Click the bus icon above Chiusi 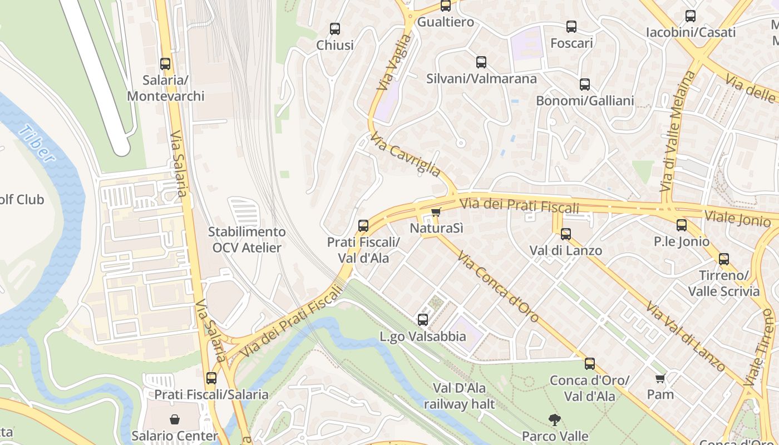(x=334, y=28)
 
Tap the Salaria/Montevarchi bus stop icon (x=165, y=63)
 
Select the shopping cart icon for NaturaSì (x=436, y=212)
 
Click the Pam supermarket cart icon (x=660, y=379)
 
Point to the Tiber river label (x=37, y=144)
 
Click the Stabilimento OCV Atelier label (x=246, y=240)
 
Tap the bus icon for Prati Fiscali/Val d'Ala (x=363, y=225)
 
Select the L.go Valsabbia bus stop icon (x=423, y=319)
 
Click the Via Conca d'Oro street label (x=498, y=286)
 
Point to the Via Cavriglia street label (x=406, y=154)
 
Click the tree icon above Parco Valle (x=554, y=419)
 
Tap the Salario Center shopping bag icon (x=175, y=419)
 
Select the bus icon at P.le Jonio (x=682, y=225)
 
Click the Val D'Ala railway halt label (x=459, y=395)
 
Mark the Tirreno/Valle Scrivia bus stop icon (x=723, y=259)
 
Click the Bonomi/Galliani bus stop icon (x=584, y=85)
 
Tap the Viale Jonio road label (x=737, y=218)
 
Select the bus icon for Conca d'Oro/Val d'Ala (x=589, y=364)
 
